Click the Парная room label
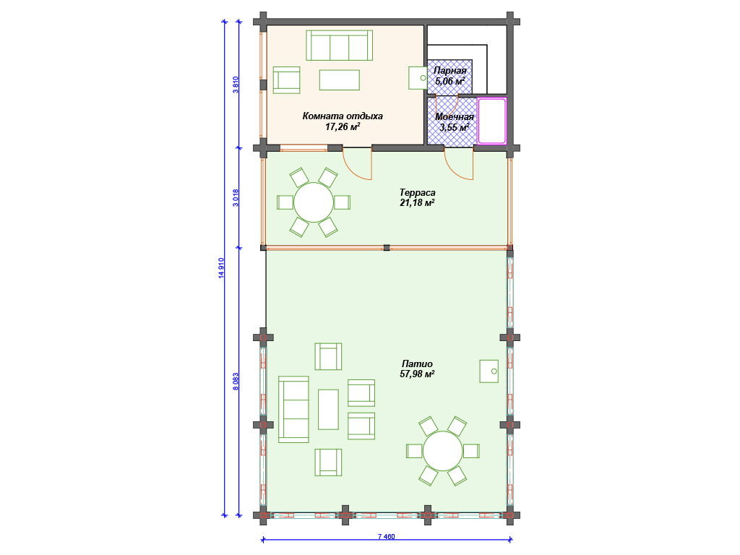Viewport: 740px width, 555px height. coord(449,71)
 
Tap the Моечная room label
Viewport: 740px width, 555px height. coord(455,117)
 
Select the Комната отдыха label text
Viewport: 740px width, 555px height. coord(343,116)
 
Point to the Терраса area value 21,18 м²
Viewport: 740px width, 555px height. coord(417,203)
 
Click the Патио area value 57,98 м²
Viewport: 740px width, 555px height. coord(417,374)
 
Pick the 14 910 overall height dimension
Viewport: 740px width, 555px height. coord(221,268)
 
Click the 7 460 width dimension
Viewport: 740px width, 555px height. coord(387,537)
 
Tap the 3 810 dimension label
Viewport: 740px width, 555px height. coord(236,85)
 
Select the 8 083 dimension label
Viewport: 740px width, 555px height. coord(236,382)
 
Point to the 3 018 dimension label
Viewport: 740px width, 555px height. coord(236,198)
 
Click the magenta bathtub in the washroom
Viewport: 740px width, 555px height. coord(491,121)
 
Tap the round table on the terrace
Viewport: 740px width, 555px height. coord(314,202)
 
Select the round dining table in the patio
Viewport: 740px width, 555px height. coord(443,451)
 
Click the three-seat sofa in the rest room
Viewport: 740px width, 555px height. coord(340,46)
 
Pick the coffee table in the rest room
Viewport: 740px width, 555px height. coord(340,80)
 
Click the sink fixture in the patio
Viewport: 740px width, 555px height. coord(489,371)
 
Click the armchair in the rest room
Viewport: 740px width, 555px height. coord(286,80)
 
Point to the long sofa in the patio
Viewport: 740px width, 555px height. coord(293,409)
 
